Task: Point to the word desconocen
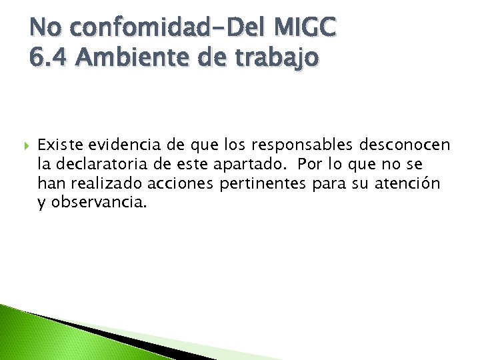(x=405, y=145)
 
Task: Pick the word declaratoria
(x=100, y=164)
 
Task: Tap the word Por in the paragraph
(x=311, y=164)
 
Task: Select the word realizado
(x=97, y=183)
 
